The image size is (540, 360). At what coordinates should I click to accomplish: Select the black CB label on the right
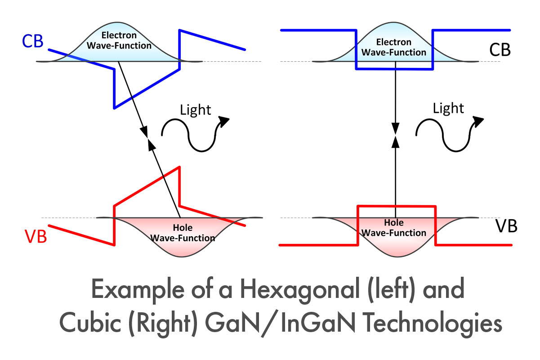point(500,49)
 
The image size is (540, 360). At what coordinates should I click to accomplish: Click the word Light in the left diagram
point(195,110)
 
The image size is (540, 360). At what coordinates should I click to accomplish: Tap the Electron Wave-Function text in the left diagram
point(119,40)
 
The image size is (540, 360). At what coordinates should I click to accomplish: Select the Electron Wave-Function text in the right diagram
point(394,47)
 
